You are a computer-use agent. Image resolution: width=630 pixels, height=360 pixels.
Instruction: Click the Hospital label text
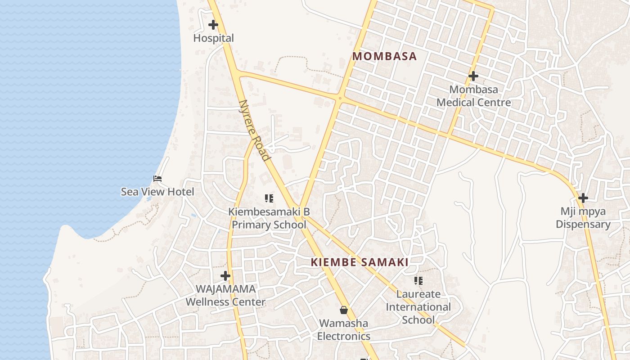click(213, 38)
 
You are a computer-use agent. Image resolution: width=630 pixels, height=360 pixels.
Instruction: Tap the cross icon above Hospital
click(213, 25)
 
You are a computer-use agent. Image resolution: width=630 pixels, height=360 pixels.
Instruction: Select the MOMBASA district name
click(384, 56)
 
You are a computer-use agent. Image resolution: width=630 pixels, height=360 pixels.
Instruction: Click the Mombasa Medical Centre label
click(473, 96)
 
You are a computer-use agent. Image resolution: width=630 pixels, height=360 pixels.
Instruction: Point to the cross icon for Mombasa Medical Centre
click(473, 76)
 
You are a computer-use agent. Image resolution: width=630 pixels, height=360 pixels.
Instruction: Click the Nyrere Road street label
click(255, 130)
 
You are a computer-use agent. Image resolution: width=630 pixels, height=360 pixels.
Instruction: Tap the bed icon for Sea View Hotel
click(157, 179)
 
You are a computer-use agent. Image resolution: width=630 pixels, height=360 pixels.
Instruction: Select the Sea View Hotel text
click(157, 192)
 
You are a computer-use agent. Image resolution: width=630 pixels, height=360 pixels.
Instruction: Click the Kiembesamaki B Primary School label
click(269, 218)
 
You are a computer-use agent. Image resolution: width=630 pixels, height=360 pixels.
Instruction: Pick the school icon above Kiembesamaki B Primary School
click(269, 198)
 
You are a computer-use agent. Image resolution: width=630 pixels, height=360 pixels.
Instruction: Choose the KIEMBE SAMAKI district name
click(360, 262)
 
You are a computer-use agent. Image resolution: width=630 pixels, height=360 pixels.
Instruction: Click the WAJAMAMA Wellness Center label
click(225, 295)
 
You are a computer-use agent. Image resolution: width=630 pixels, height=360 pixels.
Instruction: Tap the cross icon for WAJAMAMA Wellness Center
click(225, 276)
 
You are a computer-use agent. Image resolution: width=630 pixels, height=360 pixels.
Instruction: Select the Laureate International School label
click(418, 307)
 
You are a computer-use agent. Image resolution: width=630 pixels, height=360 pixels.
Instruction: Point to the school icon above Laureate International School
click(418, 281)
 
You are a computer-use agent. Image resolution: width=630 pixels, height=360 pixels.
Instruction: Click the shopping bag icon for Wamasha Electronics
click(344, 310)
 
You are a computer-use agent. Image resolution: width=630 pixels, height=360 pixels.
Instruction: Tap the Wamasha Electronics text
click(344, 329)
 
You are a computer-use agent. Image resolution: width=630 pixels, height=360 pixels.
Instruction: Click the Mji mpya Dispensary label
click(583, 218)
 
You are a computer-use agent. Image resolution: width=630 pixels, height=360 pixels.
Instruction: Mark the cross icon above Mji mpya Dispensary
click(583, 198)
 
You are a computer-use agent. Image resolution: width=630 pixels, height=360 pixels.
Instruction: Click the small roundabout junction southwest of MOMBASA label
click(340, 98)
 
